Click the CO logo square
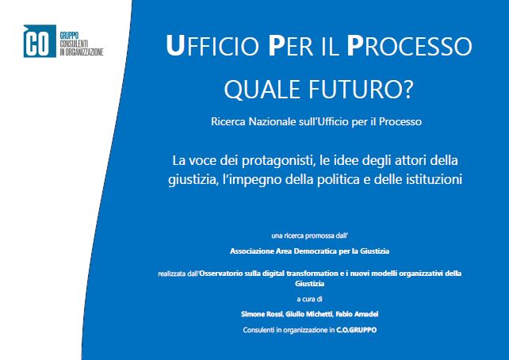40,41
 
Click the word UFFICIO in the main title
212,46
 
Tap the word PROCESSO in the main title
409,46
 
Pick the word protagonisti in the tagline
278,161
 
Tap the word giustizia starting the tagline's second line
192,179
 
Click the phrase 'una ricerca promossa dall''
310,236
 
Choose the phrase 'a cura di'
309,299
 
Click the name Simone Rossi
262,314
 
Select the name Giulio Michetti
309,314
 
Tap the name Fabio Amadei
357,314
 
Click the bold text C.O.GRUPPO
357,330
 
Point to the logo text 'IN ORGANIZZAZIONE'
82,52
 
